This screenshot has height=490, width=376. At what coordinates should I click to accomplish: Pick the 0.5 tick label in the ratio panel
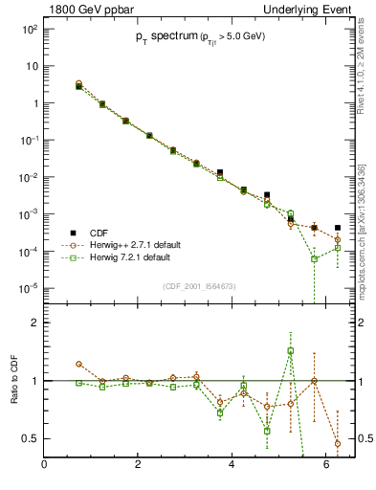(x=30, y=438)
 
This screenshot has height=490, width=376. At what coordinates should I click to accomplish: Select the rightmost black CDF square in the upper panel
(x=338, y=228)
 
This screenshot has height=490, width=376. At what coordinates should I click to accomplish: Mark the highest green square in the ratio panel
(x=291, y=350)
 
